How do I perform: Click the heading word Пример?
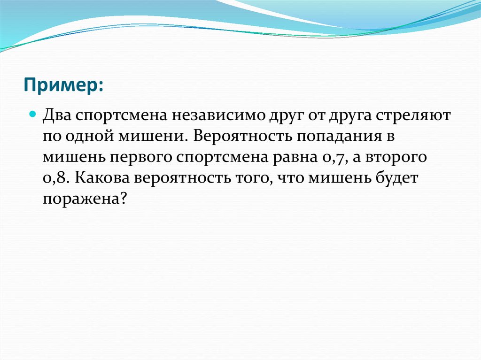pyautogui.click(x=65, y=86)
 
